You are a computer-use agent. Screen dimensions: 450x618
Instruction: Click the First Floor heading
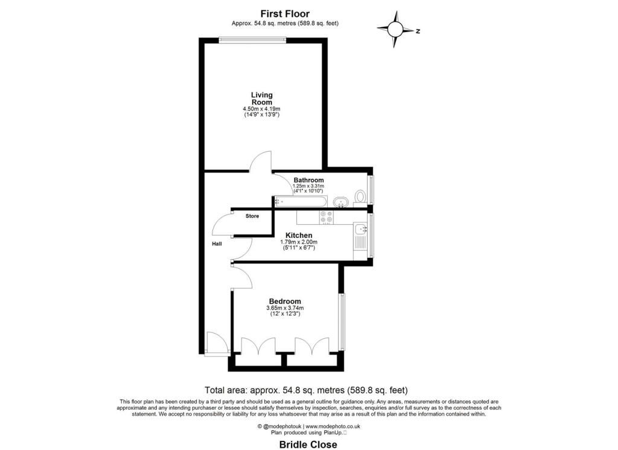[x=285, y=13]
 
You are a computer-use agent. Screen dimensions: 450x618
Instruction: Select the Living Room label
[x=262, y=98]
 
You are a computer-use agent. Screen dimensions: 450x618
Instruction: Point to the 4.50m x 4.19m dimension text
[x=262, y=109]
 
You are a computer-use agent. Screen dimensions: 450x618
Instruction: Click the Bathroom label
[x=308, y=180]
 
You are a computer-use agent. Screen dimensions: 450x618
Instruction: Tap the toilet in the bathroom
[x=360, y=196]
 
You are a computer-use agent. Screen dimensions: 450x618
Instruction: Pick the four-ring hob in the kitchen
[x=327, y=217]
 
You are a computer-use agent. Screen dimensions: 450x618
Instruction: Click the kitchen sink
[x=361, y=228]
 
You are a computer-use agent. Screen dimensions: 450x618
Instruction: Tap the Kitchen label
[x=299, y=236]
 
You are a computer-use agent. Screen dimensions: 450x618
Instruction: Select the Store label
[x=252, y=216]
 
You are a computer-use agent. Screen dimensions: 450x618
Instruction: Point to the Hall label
[x=216, y=244]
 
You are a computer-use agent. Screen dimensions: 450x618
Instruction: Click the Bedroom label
[x=285, y=301]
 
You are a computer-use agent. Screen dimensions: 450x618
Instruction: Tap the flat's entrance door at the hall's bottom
[x=215, y=343]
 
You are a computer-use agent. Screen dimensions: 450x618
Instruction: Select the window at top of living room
[x=252, y=40]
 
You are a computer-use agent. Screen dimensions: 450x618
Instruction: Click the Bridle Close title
[x=308, y=444]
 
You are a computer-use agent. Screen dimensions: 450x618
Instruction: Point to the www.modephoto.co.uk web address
[x=326, y=426]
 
